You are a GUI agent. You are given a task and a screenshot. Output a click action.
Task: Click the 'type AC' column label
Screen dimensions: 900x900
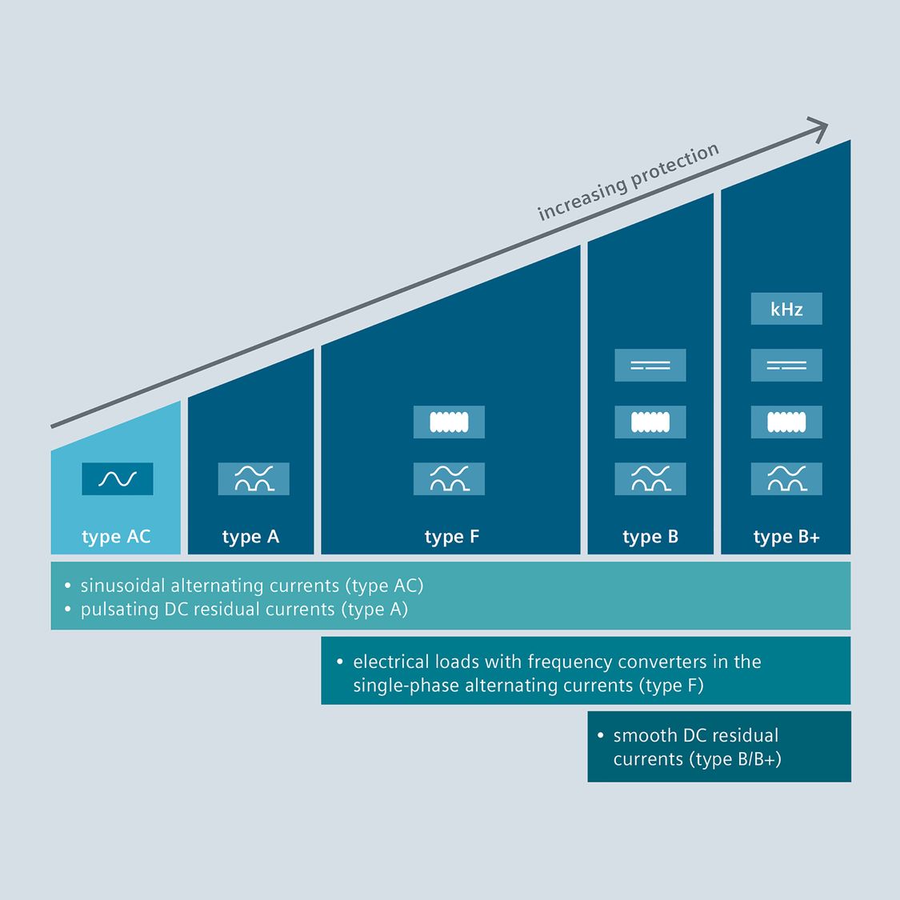pyautogui.click(x=116, y=537)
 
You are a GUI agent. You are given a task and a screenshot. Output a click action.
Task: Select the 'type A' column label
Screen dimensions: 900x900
pyautogui.click(x=251, y=537)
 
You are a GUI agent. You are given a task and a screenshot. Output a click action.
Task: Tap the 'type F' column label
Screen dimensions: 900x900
pyautogui.click(x=452, y=537)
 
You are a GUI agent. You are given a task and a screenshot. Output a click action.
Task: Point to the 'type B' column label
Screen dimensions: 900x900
pyautogui.click(x=650, y=537)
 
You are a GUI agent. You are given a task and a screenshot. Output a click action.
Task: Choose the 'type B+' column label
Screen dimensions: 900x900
pyautogui.click(x=786, y=537)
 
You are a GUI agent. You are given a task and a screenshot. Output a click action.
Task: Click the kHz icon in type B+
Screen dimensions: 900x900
pyautogui.click(x=786, y=309)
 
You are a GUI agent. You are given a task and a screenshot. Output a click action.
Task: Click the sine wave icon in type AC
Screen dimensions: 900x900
pyautogui.click(x=118, y=479)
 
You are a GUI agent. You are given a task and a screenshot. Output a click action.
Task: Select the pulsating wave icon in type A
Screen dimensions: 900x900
pyautogui.click(x=254, y=479)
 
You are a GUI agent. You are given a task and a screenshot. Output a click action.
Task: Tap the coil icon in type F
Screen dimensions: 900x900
pyautogui.click(x=449, y=422)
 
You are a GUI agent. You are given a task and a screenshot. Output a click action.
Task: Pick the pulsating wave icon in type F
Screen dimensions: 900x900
pyautogui.click(x=449, y=479)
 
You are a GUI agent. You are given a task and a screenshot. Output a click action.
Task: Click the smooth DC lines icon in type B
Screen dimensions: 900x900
pyautogui.click(x=650, y=366)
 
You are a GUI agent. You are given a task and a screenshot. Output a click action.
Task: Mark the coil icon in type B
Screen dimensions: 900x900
pyautogui.click(x=650, y=422)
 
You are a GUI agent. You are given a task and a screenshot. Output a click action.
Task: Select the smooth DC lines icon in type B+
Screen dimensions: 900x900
pyautogui.click(x=786, y=366)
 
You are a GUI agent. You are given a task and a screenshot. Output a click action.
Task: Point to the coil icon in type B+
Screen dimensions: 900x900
pyautogui.click(x=786, y=422)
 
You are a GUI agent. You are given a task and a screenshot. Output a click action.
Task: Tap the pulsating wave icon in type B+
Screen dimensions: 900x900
pyautogui.click(x=786, y=479)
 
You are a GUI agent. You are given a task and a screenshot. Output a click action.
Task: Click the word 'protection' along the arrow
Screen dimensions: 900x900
pyautogui.click(x=674, y=167)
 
